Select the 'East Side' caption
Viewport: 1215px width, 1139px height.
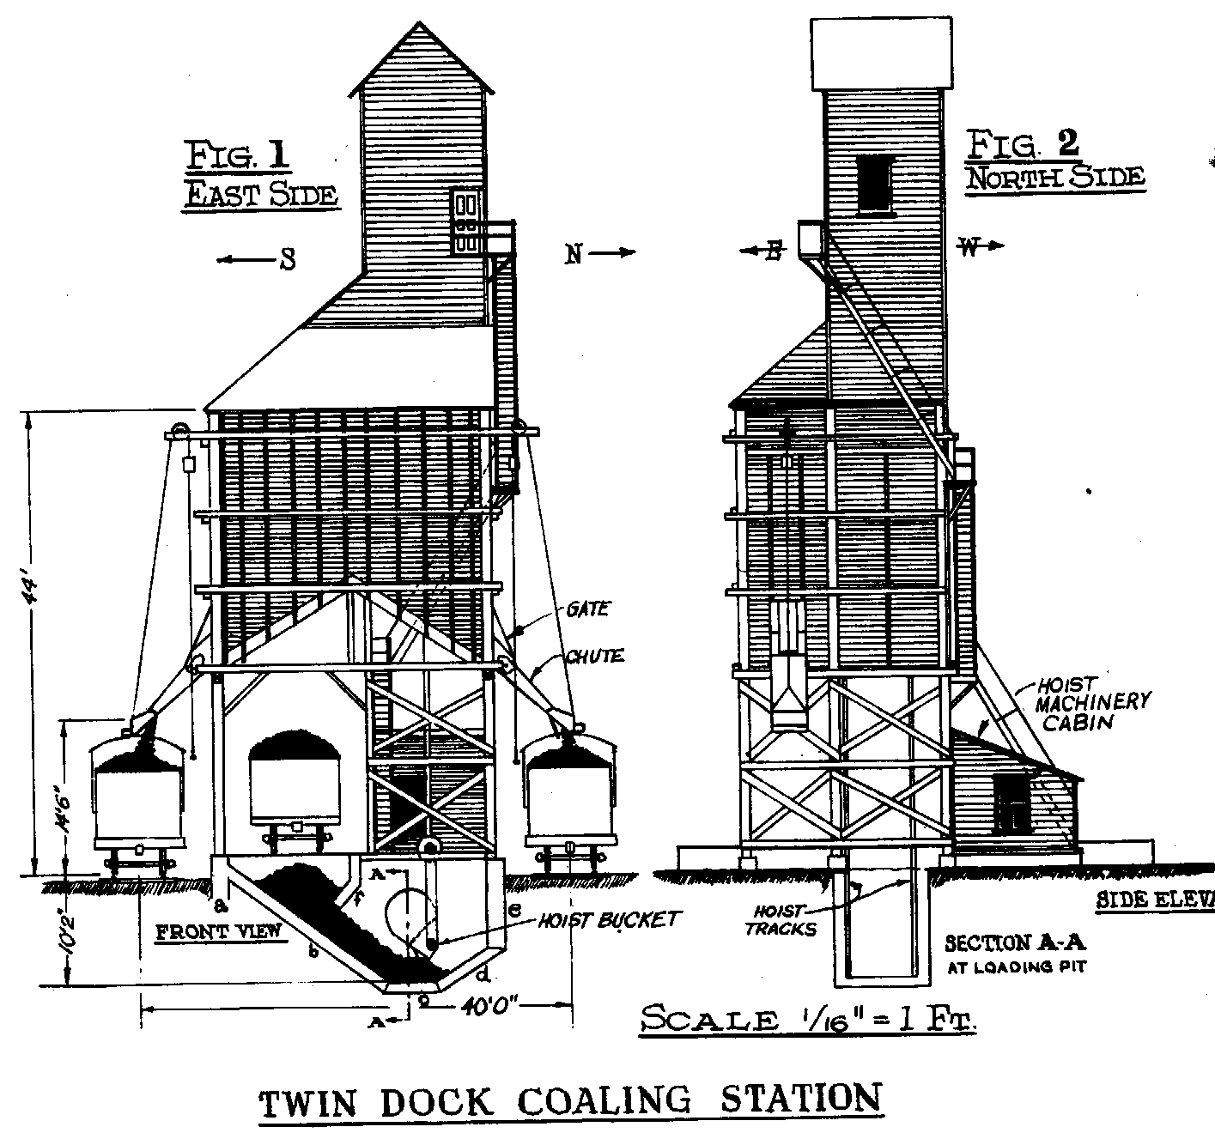pos(262,195)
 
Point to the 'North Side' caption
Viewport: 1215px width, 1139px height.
pos(1055,178)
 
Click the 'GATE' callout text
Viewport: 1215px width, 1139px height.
pos(587,609)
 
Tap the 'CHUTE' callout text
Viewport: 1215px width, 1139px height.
pos(593,657)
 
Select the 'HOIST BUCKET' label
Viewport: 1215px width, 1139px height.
pos(609,920)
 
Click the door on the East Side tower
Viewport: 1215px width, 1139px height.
pos(466,221)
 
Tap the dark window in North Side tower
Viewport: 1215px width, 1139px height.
pos(876,183)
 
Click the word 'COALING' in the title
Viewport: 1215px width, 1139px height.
pos(591,1101)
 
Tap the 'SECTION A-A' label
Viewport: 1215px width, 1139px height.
pos(1015,943)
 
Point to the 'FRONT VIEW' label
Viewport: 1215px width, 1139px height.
pos(219,930)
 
